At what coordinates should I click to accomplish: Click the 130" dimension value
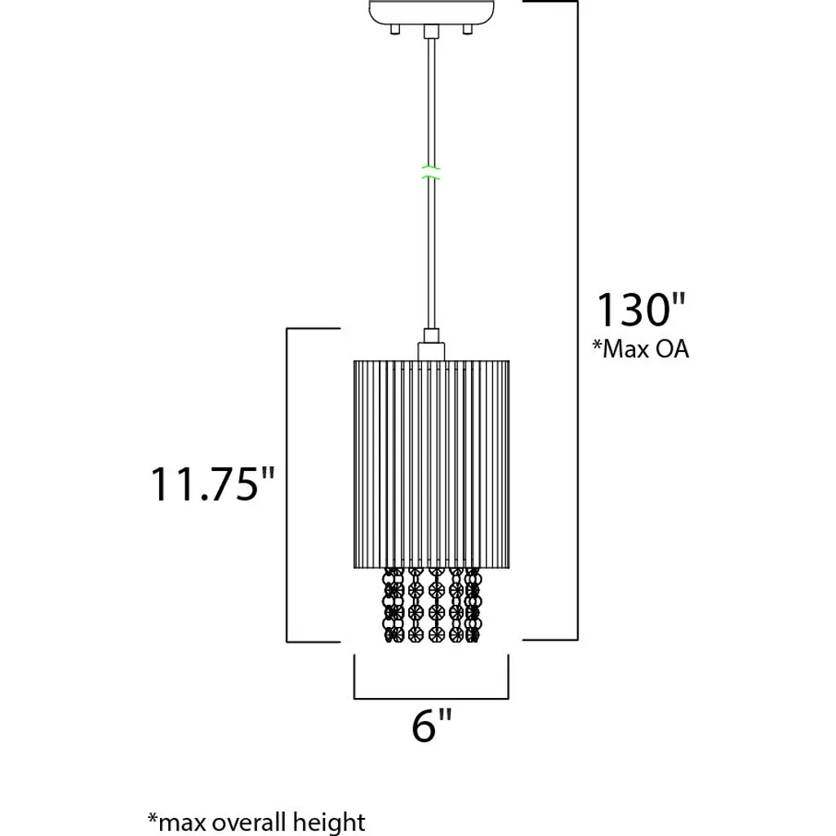(640, 309)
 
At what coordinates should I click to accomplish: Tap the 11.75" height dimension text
(212, 484)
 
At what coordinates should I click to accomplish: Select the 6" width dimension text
(431, 726)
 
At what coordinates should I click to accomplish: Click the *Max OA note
(641, 349)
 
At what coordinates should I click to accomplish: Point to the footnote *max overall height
(256, 821)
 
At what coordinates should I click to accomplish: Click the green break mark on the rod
(431, 172)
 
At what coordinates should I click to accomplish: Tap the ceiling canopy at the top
(431, 11)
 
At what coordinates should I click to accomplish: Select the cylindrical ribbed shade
(431, 465)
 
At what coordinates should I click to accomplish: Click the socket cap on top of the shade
(431, 351)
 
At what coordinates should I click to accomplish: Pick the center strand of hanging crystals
(436, 605)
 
